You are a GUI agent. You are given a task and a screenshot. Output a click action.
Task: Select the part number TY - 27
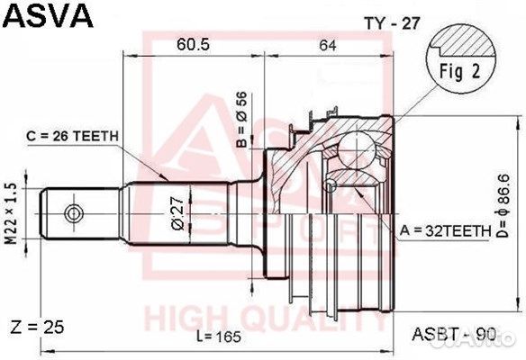392,23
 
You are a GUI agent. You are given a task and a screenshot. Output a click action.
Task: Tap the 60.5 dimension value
194,44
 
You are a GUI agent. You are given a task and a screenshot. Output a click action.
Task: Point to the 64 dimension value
328,44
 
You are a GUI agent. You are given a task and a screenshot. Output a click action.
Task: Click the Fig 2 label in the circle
460,71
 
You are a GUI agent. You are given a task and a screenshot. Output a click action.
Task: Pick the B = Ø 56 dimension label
241,120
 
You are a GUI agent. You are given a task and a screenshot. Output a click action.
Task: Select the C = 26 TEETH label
72,136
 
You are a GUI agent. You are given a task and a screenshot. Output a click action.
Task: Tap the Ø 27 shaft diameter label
177,213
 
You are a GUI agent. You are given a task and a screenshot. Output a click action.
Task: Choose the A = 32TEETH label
445,230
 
